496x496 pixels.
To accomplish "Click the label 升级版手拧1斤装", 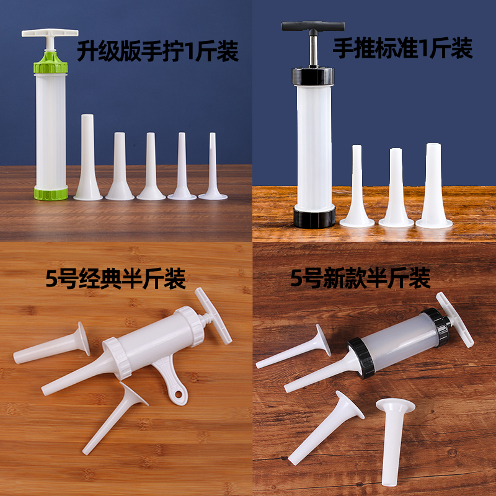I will click(157, 52).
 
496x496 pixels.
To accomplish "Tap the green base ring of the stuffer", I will click(50, 192).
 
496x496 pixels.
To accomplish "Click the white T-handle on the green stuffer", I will click(50, 35).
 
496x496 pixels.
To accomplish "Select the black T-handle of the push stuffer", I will click(312, 27).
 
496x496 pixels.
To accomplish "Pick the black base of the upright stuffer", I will click(314, 217).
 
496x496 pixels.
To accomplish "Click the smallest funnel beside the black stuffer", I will click(356, 186).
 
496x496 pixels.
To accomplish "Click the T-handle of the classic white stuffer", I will click(214, 316).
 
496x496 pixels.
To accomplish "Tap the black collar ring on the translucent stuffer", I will click(361, 353).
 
